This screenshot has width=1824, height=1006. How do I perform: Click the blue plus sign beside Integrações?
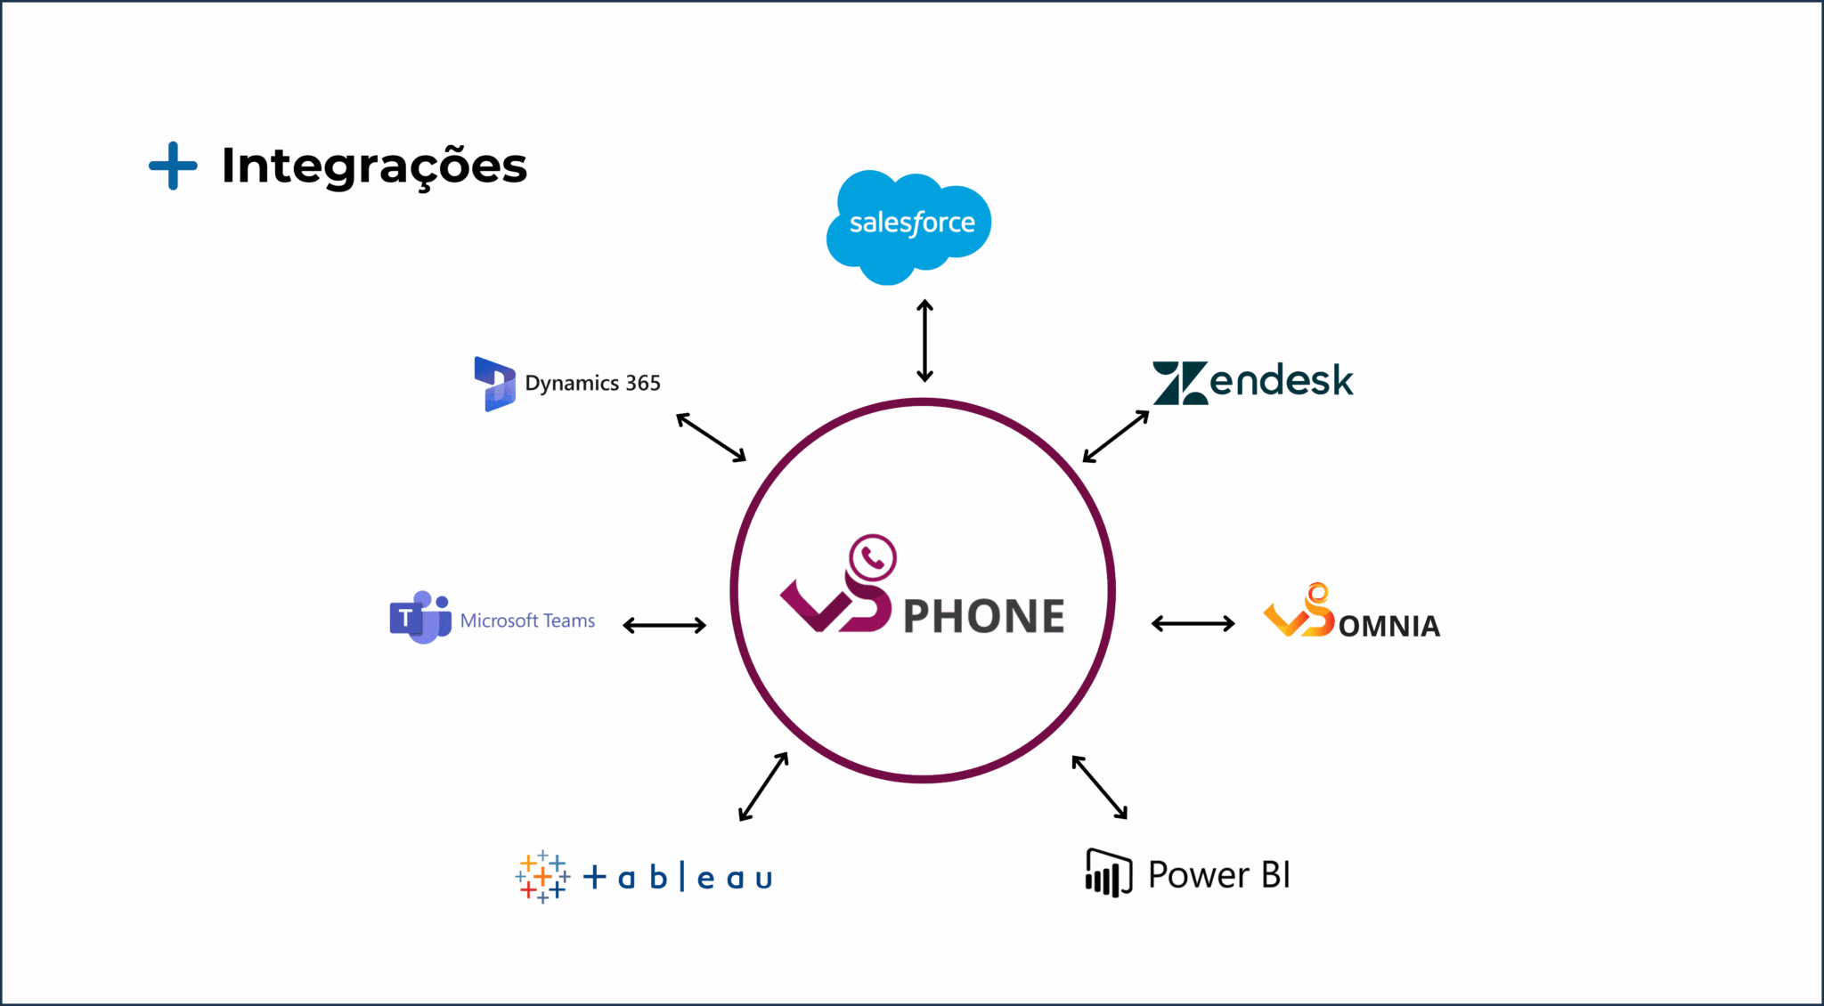tap(173, 166)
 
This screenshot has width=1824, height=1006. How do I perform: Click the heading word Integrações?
tap(374, 166)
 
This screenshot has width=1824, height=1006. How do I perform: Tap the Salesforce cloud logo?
tap(909, 225)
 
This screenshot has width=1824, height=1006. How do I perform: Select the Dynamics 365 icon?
tap(494, 384)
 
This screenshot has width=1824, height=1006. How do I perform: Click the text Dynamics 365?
tap(592, 384)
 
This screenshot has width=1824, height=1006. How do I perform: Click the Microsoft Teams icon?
tap(419, 617)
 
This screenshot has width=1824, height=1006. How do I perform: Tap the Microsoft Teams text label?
tap(527, 621)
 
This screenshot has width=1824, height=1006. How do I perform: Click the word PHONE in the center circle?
tap(984, 616)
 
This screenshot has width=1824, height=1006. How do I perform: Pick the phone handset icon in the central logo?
tap(873, 558)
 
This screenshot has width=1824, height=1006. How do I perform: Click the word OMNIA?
tap(1388, 627)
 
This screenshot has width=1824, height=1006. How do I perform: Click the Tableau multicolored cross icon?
tap(541, 877)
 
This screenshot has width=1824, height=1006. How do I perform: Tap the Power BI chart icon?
tap(1108, 873)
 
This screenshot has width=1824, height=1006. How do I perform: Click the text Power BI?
tap(1219, 875)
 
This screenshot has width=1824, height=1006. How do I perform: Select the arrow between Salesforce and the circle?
tap(924, 341)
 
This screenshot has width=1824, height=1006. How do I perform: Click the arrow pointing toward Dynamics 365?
tap(711, 437)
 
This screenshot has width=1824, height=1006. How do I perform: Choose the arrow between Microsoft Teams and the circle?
tap(664, 625)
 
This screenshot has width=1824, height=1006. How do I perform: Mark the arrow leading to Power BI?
tap(1100, 787)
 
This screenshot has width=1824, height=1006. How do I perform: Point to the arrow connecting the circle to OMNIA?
tap(1193, 623)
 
